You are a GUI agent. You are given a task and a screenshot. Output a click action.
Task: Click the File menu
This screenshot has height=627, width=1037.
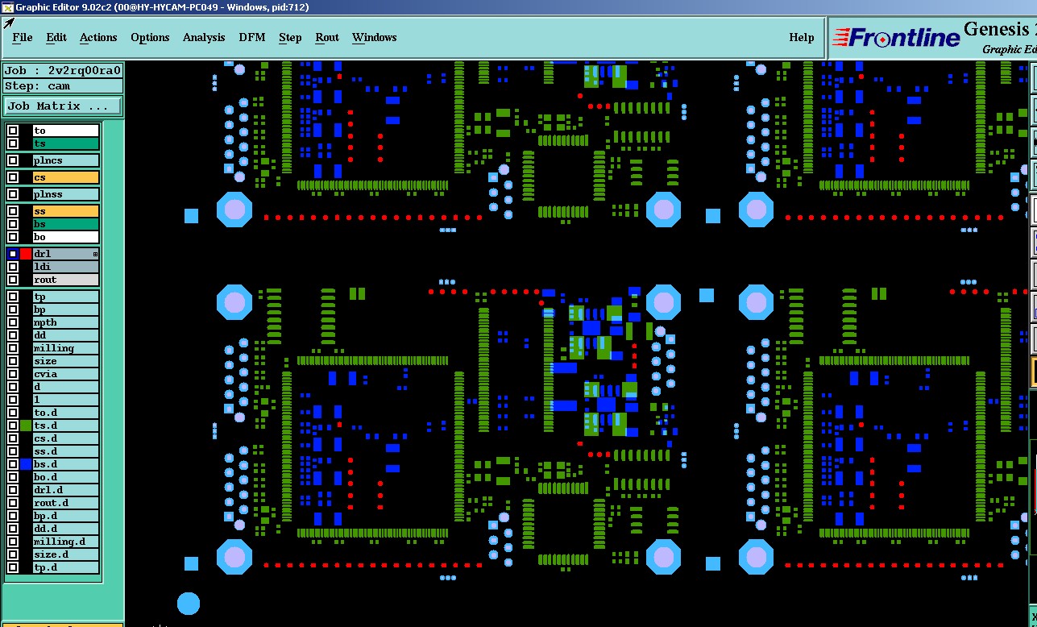(x=23, y=37)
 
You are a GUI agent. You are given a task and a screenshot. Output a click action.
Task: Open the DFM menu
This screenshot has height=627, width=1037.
(x=252, y=37)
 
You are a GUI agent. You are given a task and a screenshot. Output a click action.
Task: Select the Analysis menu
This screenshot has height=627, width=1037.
(x=204, y=37)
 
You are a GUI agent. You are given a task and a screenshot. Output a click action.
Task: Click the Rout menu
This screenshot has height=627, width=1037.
(x=327, y=37)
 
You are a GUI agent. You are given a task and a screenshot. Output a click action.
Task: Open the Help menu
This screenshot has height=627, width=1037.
(x=801, y=37)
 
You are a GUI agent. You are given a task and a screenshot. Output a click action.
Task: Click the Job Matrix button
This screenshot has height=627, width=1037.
(x=63, y=106)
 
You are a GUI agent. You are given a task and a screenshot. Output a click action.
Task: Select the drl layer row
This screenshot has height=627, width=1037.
(x=65, y=254)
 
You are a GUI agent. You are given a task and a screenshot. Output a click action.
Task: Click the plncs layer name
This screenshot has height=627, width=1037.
(x=65, y=160)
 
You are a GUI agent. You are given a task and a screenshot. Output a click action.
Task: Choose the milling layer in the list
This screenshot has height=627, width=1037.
(x=65, y=348)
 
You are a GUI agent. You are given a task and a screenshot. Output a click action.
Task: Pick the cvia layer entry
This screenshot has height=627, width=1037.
(x=65, y=374)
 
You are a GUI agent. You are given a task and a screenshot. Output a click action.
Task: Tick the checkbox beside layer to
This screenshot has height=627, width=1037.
(x=13, y=131)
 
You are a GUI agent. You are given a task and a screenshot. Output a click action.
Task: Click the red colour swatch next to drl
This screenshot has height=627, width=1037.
(x=26, y=254)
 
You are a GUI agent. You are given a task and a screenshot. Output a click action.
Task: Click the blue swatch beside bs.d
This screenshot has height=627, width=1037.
(x=26, y=464)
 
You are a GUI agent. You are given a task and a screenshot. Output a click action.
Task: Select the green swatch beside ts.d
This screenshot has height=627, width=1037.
(x=26, y=426)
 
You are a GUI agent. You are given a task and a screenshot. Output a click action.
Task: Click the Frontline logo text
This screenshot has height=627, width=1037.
(x=896, y=38)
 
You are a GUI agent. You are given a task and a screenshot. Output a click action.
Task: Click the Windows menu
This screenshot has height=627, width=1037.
(x=374, y=37)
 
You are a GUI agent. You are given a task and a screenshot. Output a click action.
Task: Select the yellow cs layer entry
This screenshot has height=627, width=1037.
(x=65, y=177)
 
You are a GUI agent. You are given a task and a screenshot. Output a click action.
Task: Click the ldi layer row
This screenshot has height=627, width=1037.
(x=65, y=267)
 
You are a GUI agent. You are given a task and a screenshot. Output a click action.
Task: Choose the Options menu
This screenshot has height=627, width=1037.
(x=150, y=37)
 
